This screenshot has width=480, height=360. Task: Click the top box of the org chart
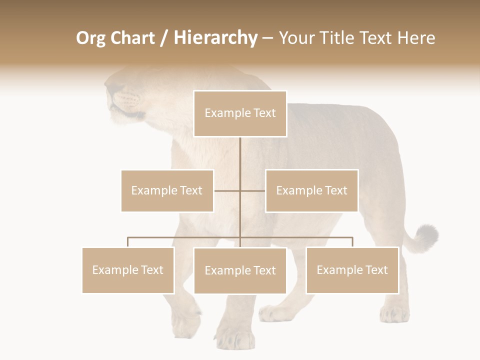coord(240,113)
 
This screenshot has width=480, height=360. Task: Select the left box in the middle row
coord(167,190)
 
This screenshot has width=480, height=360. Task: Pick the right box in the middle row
coord(311,190)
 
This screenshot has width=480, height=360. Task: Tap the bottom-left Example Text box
coord(128,270)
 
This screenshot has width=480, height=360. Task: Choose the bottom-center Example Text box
coord(240,270)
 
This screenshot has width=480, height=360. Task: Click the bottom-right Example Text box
coord(352,270)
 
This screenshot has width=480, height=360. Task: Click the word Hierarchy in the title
coord(215,38)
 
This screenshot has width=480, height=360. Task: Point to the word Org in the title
coord(91,38)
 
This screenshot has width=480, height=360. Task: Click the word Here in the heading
coord(416,38)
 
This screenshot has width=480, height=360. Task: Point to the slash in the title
coord(163,38)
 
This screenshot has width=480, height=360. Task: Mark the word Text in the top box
coord(264,113)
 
